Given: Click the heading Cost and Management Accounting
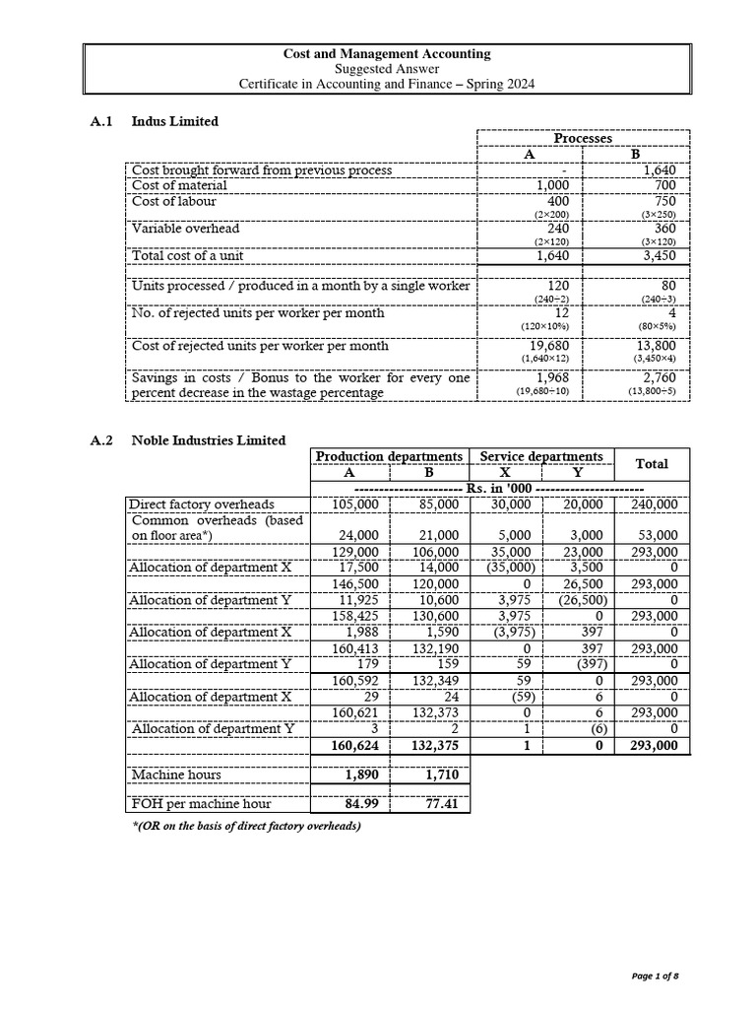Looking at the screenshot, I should click(387, 54).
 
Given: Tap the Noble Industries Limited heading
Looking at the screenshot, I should click(209, 440).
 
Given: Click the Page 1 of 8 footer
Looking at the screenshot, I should click(655, 975).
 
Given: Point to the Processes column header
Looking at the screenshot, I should click(583, 139).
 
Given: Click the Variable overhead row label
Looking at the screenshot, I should click(185, 228).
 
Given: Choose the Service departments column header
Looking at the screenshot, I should click(540, 456).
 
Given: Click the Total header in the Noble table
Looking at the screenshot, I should click(652, 463).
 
